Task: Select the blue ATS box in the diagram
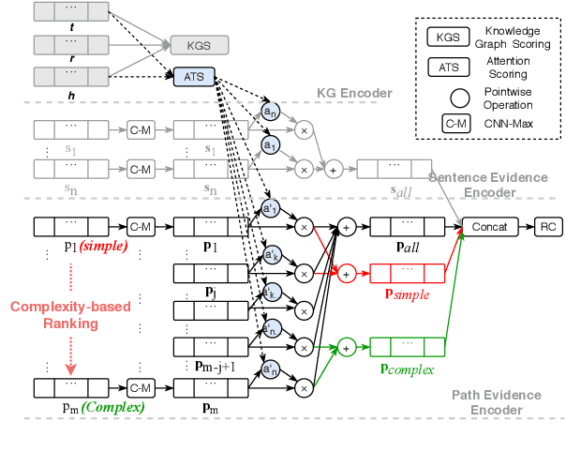click(x=191, y=77)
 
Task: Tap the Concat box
click(x=490, y=227)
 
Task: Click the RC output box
click(x=547, y=227)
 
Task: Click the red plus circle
click(x=346, y=273)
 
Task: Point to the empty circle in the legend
click(x=448, y=95)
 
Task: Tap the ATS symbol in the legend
click(x=448, y=66)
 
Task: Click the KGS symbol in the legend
click(x=448, y=38)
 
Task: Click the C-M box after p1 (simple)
click(x=140, y=226)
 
